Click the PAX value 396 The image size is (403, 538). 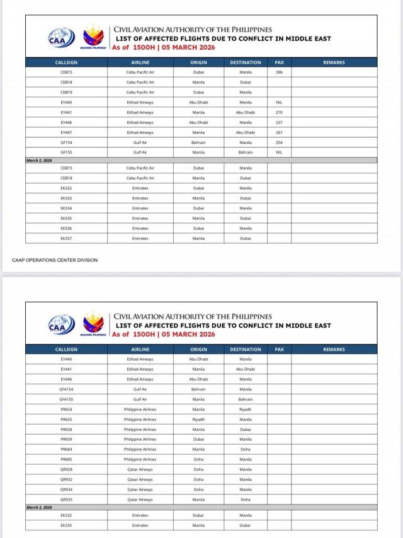[279, 72]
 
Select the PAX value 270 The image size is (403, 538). [279, 112]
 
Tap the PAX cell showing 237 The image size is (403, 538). [279, 122]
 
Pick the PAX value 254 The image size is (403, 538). [279, 143]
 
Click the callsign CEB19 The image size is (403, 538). [66, 92]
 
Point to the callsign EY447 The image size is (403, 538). [66, 132]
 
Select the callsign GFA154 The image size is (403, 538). [66, 389]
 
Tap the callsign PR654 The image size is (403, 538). [66, 409]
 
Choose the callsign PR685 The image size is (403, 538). [66, 459]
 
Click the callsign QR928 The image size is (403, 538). [66, 469]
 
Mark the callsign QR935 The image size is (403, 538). [66, 500]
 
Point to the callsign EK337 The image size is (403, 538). [66, 238]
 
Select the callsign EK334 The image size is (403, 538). [66, 208]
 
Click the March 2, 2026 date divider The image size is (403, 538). [39, 161]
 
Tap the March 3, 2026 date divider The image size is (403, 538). [39, 507]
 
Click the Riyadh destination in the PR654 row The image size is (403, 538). [246, 409]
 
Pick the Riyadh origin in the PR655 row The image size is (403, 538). [198, 419]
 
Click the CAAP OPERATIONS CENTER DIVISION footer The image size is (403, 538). [55, 260]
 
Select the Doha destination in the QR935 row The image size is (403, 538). [246, 500]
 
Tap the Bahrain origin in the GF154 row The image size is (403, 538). [198, 143]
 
